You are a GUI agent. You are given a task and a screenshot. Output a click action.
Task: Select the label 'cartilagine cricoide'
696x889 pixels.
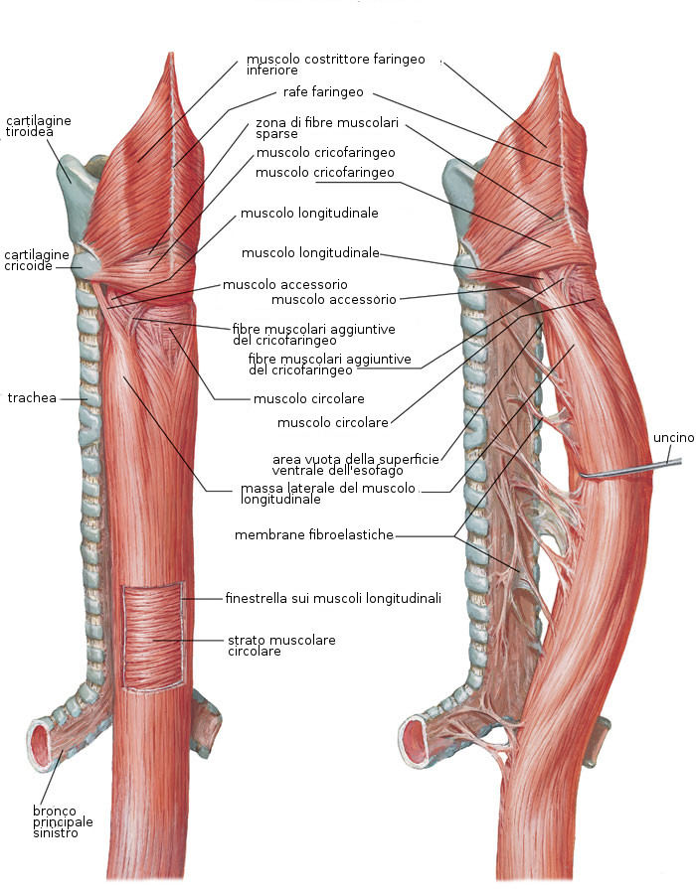coord(36,259)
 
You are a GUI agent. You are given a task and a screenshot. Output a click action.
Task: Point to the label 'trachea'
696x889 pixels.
coord(30,398)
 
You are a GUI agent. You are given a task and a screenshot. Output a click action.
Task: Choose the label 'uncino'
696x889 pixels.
coord(672,438)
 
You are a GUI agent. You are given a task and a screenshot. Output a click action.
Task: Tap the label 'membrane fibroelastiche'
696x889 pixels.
coord(314,535)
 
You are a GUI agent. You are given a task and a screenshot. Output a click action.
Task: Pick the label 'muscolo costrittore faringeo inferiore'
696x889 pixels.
coord(335,65)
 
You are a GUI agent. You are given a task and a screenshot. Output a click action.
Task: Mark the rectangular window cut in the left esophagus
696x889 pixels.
coord(152,636)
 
